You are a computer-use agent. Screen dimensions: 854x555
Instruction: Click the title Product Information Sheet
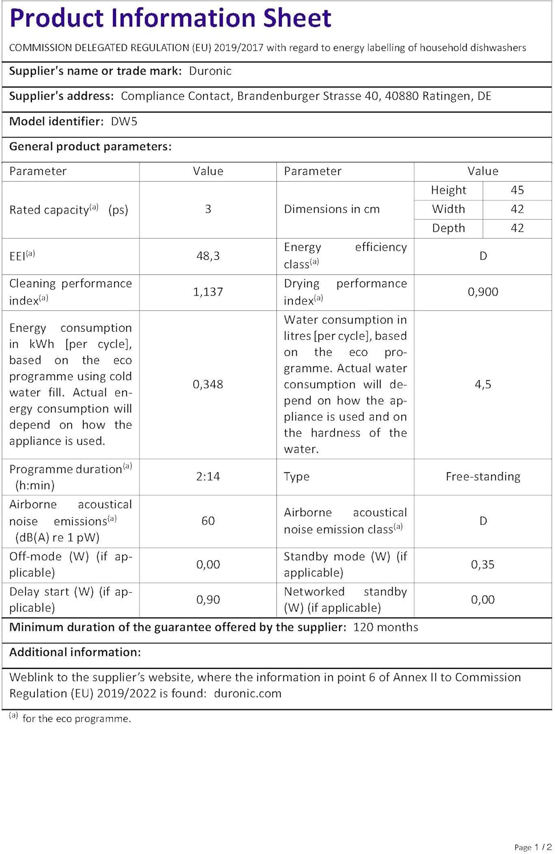(x=170, y=18)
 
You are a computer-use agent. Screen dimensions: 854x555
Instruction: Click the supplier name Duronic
(x=210, y=71)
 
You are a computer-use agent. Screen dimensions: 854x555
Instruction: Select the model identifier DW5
(x=124, y=121)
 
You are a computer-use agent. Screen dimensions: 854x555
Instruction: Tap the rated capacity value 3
(x=208, y=209)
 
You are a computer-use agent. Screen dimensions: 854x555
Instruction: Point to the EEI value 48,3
(x=208, y=256)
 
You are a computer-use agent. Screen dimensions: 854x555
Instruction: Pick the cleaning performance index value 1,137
(x=208, y=292)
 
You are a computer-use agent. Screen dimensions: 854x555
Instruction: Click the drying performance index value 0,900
(x=483, y=292)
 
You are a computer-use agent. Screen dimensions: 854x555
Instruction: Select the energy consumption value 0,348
(x=208, y=384)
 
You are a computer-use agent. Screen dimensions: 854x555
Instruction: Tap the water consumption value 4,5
(x=483, y=384)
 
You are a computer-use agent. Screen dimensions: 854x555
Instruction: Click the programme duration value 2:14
(x=208, y=477)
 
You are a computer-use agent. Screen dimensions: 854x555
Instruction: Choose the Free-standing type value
(x=483, y=477)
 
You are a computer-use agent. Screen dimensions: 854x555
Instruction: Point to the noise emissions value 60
(x=208, y=521)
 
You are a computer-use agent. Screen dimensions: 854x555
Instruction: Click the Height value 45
(x=517, y=190)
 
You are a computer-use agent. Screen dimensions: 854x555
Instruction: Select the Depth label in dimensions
(x=448, y=228)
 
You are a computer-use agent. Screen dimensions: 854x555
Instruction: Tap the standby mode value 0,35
(x=483, y=565)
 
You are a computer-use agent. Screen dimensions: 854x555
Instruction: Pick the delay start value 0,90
(x=208, y=600)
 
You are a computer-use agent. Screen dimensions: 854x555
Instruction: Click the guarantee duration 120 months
(x=385, y=627)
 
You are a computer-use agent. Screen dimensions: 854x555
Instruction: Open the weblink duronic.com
(x=247, y=693)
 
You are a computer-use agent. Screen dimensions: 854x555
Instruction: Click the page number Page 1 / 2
(x=533, y=847)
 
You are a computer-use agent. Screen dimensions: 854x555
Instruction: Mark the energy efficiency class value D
(x=483, y=256)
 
